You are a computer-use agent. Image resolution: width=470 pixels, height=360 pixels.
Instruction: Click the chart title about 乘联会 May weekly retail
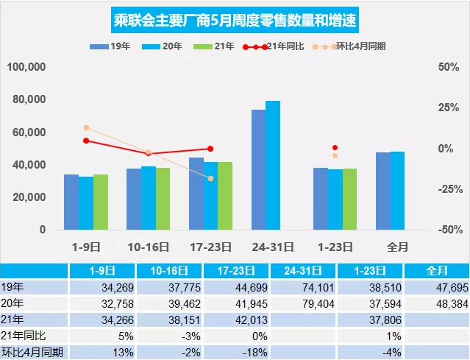(x=235, y=18)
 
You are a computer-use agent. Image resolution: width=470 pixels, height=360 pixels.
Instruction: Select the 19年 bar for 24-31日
(x=259, y=169)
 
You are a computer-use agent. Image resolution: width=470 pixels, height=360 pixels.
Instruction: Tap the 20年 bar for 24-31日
(x=273, y=165)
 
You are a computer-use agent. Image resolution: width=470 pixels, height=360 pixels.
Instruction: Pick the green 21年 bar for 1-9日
(x=101, y=202)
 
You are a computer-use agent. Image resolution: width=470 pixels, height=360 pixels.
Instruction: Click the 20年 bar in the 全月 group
(x=398, y=191)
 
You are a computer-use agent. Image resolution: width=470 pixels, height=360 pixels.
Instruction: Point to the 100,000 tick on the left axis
(x=27, y=67)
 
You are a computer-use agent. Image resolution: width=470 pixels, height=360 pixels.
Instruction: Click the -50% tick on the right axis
(x=441, y=230)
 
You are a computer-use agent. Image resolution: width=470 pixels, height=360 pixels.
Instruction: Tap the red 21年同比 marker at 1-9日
(x=86, y=141)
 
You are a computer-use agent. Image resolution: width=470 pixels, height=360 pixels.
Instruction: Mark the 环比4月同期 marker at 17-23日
(x=210, y=178)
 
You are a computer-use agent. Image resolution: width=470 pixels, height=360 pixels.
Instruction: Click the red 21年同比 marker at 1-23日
(x=335, y=148)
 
